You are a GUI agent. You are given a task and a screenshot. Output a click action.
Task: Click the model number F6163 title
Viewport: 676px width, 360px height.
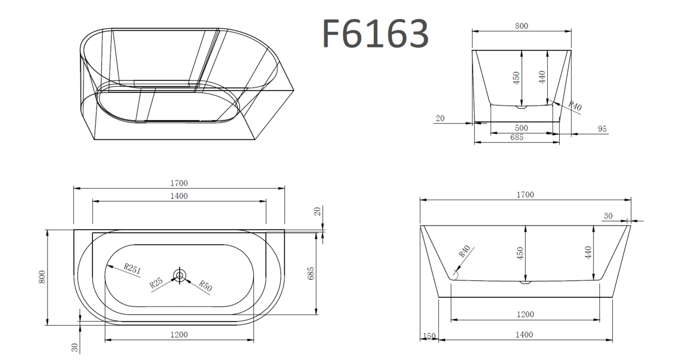click(x=375, y=33)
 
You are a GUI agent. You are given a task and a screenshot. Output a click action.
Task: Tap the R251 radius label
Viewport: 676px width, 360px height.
click(x=133, y=268)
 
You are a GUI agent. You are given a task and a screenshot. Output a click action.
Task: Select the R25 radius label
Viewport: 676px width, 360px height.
click(x=156, y=283)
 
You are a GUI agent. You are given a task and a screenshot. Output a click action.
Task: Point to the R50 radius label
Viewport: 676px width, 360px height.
click(x=205, y=286)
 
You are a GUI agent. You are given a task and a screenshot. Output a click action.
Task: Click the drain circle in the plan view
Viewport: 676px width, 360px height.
click(x=180, y=276)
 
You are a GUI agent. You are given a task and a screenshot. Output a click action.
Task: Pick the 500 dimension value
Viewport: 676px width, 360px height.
click(x=521, y=128)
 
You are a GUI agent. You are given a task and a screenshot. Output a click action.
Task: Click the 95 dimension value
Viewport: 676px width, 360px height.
click(x=602, y=129)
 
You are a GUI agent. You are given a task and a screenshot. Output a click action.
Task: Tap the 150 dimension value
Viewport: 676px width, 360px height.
click(x=429, y=336)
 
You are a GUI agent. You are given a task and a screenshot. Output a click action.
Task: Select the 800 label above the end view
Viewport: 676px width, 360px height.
click(x=521, y=26)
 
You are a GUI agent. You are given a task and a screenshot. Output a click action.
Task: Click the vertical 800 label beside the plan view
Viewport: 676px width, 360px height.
click(x=42, y=277)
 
